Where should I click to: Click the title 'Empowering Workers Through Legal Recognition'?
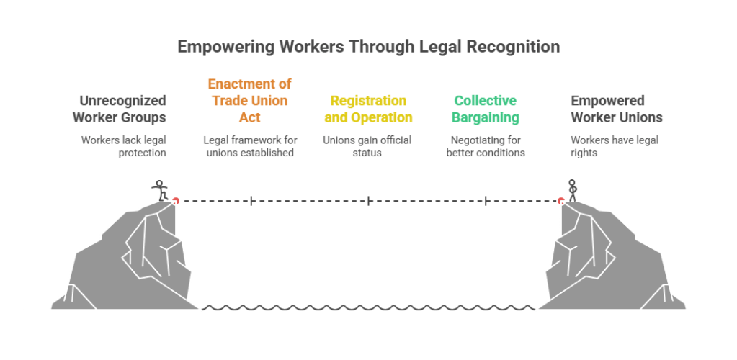[x=368, y=48]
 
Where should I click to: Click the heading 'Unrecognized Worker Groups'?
[x=123, y=109]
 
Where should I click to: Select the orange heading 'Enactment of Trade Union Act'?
[x=249, y=101]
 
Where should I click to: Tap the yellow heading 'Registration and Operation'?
[x=368, y=109]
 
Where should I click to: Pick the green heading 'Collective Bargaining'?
[x=486, y=109]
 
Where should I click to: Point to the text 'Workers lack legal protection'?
[x=123, y=146]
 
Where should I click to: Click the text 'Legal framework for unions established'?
[x=249, y=146]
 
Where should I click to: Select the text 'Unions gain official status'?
[x=368, y=146]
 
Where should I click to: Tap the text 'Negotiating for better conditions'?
[x=486, y=146]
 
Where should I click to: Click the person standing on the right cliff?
[x=573, y=189]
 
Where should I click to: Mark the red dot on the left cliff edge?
[x=175, y=200]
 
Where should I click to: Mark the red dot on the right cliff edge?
[x=560, y=200]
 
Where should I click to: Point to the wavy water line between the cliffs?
[x=368, y=308]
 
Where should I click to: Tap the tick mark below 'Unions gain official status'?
[x=368, y=201]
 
